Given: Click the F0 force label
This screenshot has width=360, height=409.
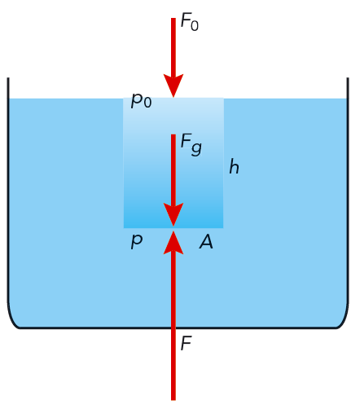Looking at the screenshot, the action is coord(190,22).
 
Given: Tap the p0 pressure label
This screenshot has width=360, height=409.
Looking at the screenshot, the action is coord(141,100).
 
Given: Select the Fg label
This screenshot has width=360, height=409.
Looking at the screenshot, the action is coord(191,144).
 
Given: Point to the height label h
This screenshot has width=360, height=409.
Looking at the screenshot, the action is coord(234,166).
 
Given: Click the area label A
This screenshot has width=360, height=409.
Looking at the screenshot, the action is coord(206,242).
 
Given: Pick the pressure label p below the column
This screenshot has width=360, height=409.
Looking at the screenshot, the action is coord(137,241).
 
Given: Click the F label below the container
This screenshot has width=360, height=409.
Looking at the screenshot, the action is coord(187,343).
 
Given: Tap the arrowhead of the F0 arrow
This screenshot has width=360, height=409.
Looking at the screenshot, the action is coord(173,86).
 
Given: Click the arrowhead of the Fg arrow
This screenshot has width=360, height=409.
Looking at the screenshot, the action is coord(173,214).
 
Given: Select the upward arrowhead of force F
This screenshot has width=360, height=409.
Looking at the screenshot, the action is coord(173,243).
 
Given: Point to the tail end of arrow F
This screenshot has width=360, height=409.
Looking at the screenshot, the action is coord(173,400).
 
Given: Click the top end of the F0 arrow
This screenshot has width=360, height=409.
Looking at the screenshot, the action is coord(173,18).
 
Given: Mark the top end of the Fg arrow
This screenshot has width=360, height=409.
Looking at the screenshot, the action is coord(173,134).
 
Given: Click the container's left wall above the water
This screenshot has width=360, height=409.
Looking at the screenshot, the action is coord(8,88).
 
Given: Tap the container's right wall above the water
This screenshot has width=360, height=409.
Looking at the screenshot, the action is coord(348,88).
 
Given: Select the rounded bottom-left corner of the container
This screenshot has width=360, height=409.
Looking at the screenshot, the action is coord(11,320).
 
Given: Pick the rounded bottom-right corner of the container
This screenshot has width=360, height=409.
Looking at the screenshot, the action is coord(345,320).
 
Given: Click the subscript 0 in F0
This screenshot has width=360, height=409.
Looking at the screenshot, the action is coord(195,26).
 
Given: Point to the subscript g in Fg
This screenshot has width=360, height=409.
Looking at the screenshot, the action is coord(196,148).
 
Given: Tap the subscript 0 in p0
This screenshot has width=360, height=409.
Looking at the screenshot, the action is coord(147,103).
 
